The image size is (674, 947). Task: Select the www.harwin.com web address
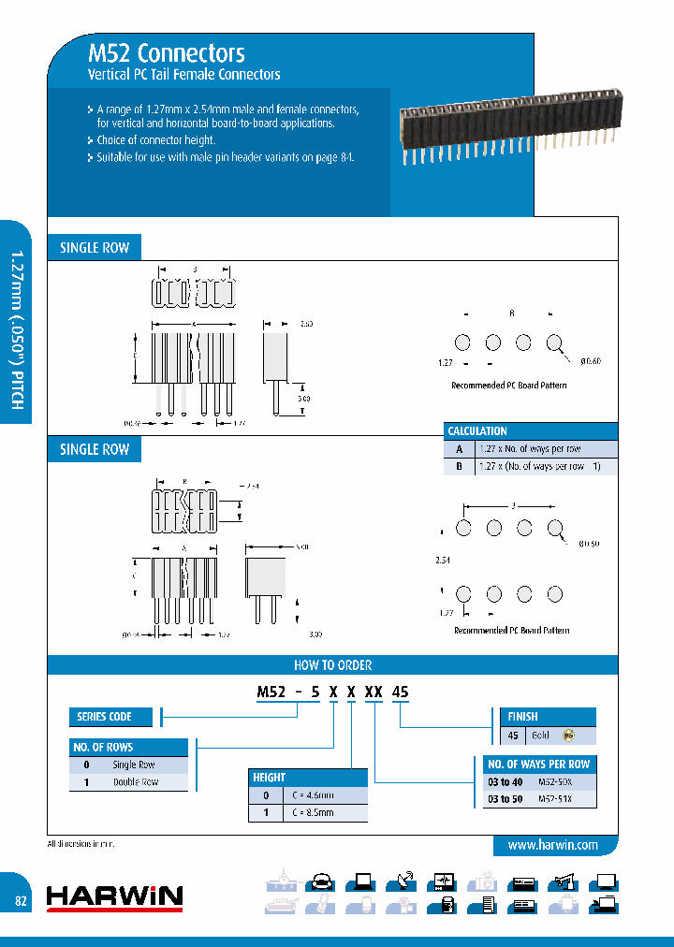(552, 845)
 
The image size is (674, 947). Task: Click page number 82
(21, 900)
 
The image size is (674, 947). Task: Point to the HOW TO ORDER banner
(332, 665)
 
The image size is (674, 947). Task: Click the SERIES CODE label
(104, 717)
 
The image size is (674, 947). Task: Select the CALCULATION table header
(477, 431)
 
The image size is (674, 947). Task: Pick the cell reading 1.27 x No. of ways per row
(529, 449)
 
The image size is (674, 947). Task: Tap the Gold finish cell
(541, 736)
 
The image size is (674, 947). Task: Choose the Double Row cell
(136, 781)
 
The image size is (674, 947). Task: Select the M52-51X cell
(554, 799)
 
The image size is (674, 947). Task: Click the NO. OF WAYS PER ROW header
(539, 765)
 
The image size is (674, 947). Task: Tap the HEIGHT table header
(270, 778)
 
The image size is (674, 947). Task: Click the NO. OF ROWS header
(103, 748)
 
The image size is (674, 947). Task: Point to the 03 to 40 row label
(505, 781)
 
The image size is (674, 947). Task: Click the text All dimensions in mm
(85, 844)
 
